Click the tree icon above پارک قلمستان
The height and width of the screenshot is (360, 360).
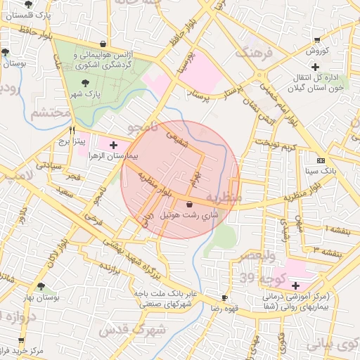click(x=28, y=5)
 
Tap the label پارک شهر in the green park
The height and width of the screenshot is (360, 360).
click(x=89, y=94)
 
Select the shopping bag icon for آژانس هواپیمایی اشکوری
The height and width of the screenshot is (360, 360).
click(x=103, y=44)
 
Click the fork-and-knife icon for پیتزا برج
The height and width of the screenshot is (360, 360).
click(x=72, y=130)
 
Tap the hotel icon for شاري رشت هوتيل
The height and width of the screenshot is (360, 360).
click(x=189, y=204)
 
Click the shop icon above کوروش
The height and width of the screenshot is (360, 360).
click(x=318, y=40)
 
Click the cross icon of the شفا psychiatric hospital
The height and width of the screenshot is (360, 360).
click(x=295, y=285)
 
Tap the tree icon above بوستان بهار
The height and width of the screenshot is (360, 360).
click(x=41, y=286)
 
